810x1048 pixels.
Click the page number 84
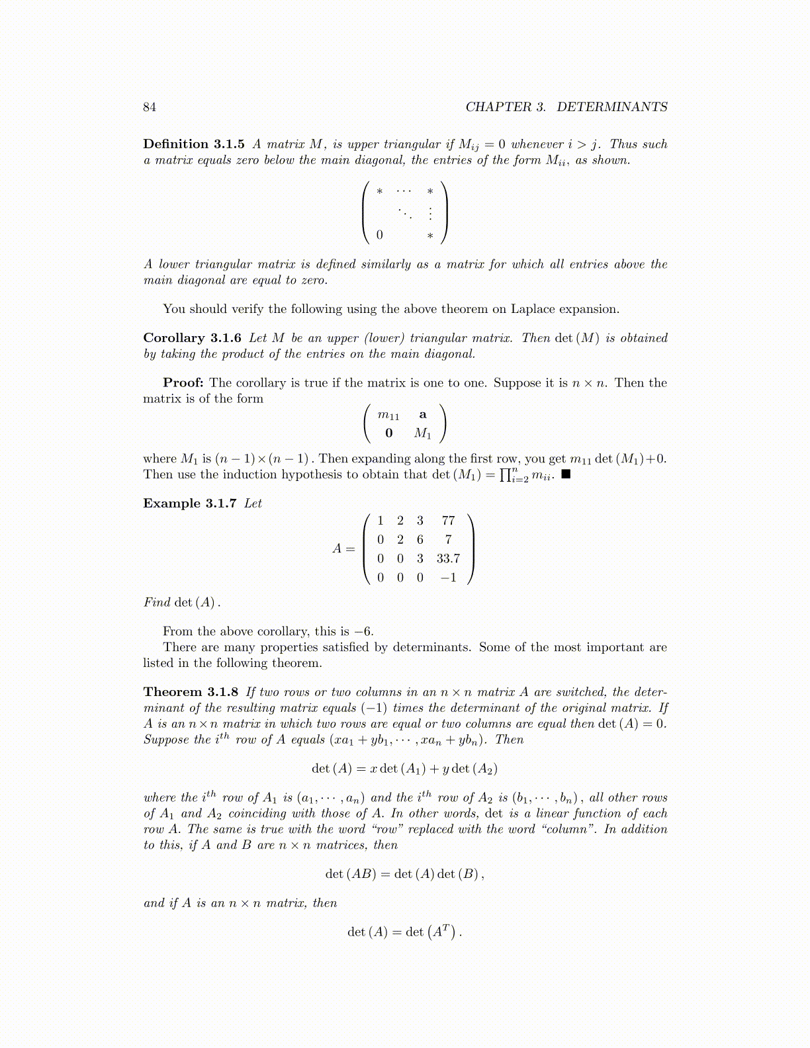[x=150, y=107]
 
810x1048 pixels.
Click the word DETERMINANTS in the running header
[x=611, y=107]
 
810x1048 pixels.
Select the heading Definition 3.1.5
[x=194, y=144]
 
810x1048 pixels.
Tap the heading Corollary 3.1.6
[x=192, y=338]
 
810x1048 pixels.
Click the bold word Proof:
[x=183, y=383]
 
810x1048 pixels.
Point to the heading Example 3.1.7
[x=189, y=503]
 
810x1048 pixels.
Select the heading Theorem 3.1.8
[x=191, y=692]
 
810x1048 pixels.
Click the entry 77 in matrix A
[x=448, y=521]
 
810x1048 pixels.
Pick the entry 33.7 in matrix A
[x=448, y=559]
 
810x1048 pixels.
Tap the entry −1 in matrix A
[x=448, y=578]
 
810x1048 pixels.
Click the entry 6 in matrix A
[x=420, y=540]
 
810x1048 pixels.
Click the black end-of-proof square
[x=566, y=474]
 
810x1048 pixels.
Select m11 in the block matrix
[x=388, y=415]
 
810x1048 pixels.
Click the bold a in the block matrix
[x=423, y=415]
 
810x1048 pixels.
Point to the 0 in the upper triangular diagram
[x=379, y=235]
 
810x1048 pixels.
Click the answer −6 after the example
[x=365, y=631]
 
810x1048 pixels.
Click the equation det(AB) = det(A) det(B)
[x=404, y=874]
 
